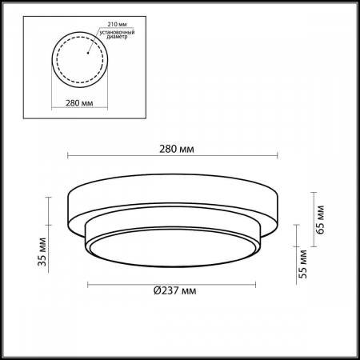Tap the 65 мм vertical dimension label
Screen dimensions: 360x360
tap(320, 215)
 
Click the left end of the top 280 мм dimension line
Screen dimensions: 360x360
tap(68, 156)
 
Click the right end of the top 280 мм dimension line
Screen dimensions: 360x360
tap(278, 156)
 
